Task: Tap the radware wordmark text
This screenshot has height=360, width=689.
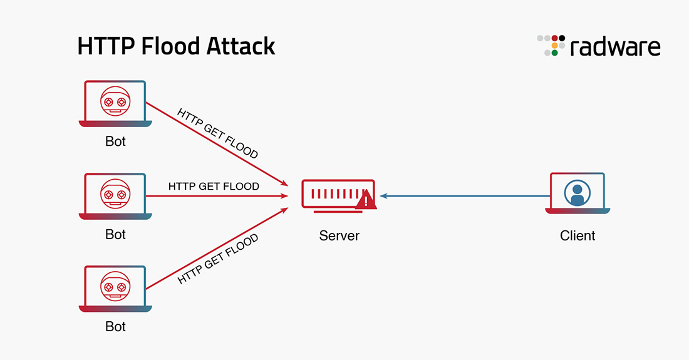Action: [x=615, y=47]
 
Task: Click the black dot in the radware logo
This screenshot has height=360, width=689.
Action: [x=562, y=38]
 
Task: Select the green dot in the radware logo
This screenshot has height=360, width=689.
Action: [x=554, y=53]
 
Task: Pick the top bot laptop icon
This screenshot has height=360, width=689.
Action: [x=115, y=103]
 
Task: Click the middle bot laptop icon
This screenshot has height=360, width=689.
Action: [x=115, y=196]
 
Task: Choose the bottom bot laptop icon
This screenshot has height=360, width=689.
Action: [x=115, y=288]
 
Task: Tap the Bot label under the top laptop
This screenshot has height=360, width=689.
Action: [x=115, y=142]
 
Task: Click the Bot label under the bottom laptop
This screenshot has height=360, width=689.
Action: [x=115, y=327]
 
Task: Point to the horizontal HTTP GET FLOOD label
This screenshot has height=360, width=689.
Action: [x=214, y=187]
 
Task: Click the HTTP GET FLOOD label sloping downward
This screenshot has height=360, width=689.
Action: [x=217, y=133]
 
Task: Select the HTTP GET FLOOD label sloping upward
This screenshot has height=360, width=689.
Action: [x=217, y=259]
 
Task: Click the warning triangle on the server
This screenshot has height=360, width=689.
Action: [x=365, y=200]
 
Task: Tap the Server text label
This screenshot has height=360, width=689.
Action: [x=339, y=236]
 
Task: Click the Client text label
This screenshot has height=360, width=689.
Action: [x=578, y=236]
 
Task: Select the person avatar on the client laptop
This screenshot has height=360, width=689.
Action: [x=577, y=193]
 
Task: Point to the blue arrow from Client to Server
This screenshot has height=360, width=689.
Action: [x=464, y=196]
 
